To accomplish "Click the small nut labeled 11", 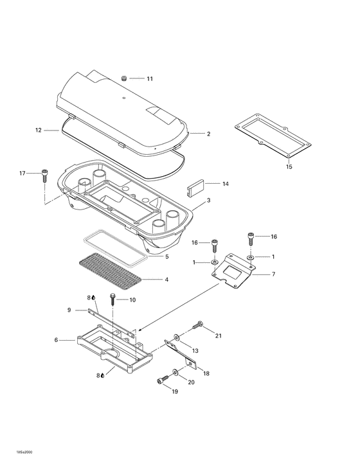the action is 124,78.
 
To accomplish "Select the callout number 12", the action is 39,130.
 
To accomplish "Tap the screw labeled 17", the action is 44,175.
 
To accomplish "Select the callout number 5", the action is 166,256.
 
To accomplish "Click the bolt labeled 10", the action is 113,299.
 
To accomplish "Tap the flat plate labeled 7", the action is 234,271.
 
